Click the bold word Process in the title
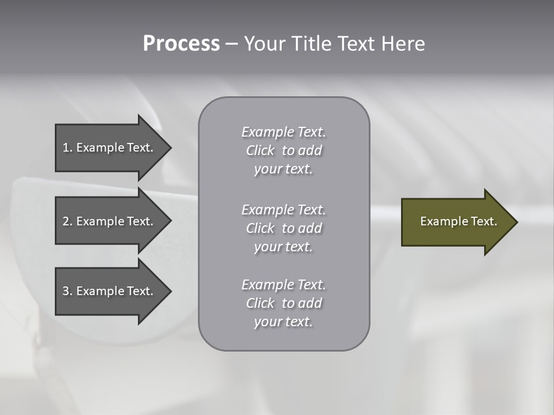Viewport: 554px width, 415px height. [181, 44]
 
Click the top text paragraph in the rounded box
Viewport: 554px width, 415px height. [283, 150]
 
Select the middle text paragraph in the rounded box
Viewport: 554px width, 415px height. [283, 228]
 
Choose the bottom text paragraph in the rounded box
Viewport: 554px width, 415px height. [283, 303]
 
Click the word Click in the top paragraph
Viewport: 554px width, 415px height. [260, 151]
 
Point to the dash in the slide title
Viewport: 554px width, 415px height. [231, 44]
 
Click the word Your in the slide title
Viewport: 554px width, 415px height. [264, 44]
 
